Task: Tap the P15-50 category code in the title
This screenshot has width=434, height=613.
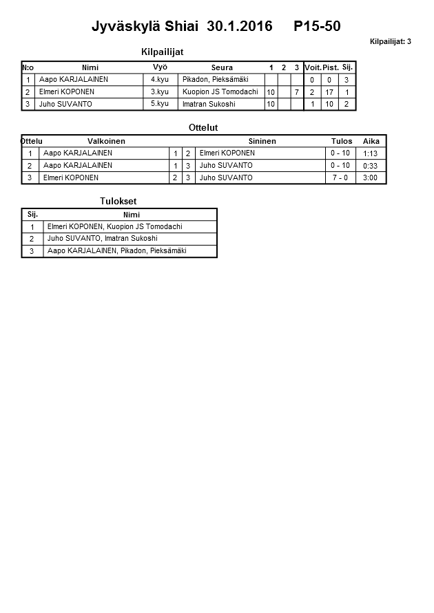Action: click(317, 27)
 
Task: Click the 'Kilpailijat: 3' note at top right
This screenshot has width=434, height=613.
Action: click(390, 42)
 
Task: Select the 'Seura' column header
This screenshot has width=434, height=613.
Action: click(222, 67)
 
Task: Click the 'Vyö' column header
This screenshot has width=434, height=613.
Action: click(160, 67)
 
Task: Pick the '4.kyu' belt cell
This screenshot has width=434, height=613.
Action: click(160, 80)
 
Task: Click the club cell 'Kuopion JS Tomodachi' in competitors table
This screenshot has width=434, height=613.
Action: click(220, 92)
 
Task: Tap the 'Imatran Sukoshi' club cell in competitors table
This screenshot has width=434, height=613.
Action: click(211, 105)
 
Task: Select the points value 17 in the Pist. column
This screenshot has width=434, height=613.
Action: click(329, 92)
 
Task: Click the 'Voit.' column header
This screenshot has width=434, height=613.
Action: click(313, 67)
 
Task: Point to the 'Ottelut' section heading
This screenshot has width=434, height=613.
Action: click(203, 128)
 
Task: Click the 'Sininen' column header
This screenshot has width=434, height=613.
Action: click(262, 141)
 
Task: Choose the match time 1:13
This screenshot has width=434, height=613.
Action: click(371, 153)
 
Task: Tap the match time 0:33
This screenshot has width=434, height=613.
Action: click(371, 166)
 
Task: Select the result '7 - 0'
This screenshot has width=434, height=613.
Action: click(340, 178)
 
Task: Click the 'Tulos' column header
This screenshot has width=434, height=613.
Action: click(342, 141)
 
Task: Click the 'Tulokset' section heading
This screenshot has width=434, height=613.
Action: click(118, 201)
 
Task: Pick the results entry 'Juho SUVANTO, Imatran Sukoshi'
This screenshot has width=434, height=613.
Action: click(102, 239)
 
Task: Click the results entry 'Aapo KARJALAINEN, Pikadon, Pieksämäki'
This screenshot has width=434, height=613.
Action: click(116, 251)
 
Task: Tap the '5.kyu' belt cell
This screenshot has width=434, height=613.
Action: click(160, 105)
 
